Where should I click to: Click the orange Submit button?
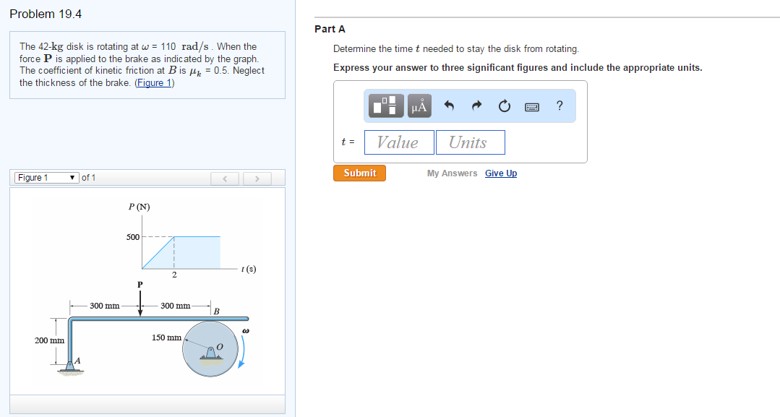click(x=359, y=173)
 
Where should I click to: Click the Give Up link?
click(x=501, y=173)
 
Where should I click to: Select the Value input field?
click(x=399, y=142)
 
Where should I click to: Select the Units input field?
click(x=471, y=142)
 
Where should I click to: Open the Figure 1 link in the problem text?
click(x=154, y=82)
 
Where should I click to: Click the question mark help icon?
click(x=560, y=106)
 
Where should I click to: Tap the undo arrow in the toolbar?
click(x=449, y=106)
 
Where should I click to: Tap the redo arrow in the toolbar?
click(x=476, y=106)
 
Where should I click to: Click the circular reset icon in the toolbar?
click(x=505, y=106)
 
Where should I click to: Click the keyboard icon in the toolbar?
click(x=532, y=106)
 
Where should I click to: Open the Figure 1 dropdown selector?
click(x=47, y=178)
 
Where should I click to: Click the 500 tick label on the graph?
click(x=133, y=237)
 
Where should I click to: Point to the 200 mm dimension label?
click(x=49, y=340)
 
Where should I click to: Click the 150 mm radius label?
click(x=167, y=338)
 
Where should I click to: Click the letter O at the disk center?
click(x=220, y=346)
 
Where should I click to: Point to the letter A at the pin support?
click(x=77, y=361)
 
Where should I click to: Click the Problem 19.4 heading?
click(x=46, y=14)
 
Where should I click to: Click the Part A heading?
click(x=330, y=29)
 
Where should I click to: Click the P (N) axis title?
click(x=140, y=207)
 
